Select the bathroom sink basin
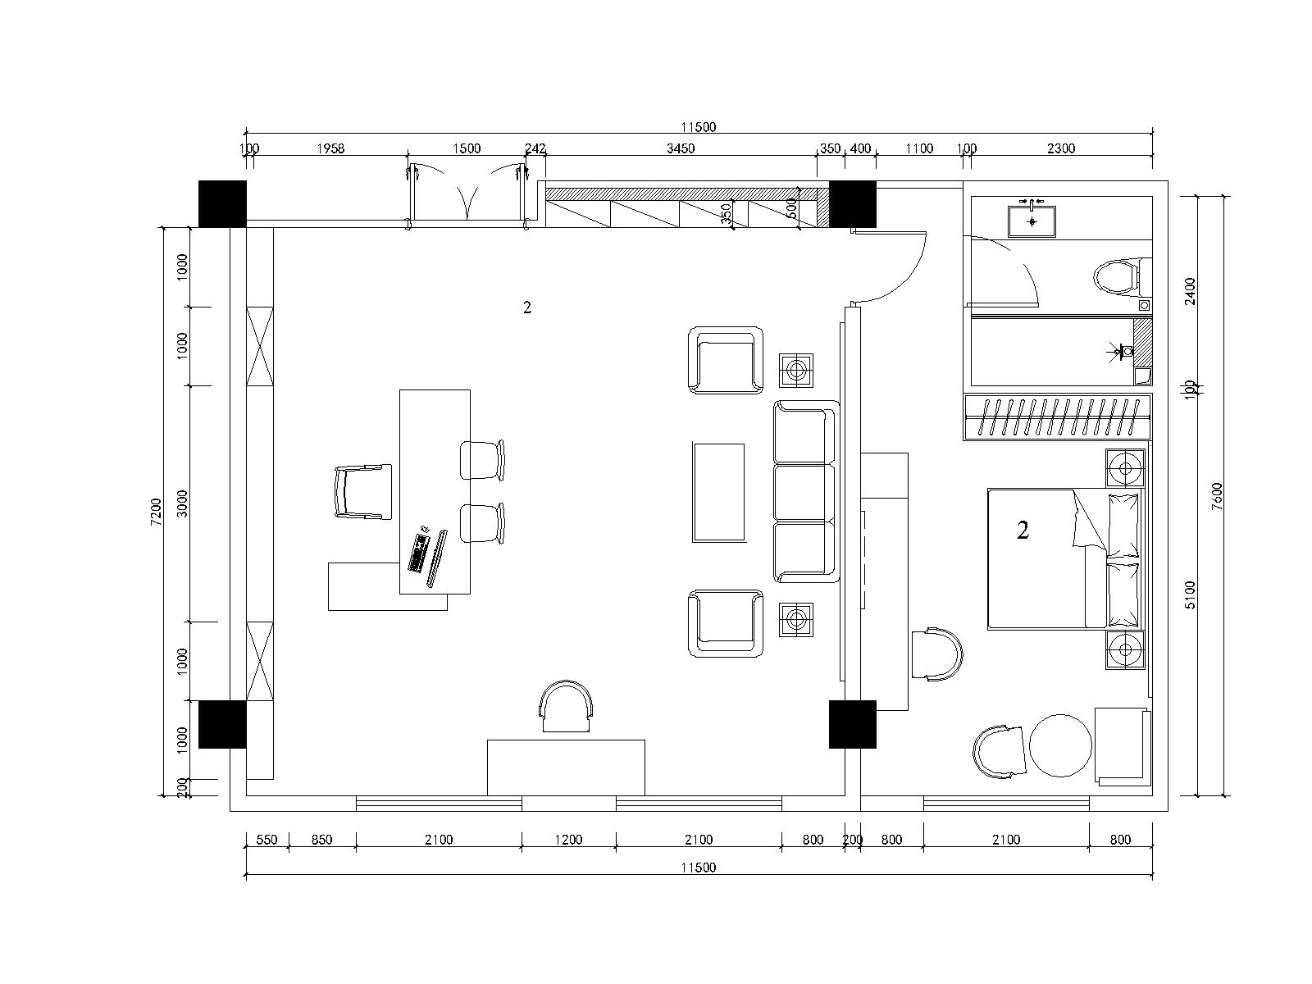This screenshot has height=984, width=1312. pos(1032,221)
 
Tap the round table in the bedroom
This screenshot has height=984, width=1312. pos(1060,745)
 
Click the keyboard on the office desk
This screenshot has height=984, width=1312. pos(420,553)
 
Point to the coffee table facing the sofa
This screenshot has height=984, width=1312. pos(718,493)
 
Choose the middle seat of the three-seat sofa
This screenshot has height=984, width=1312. pos(804,493)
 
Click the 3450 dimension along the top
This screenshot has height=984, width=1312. pos(681,148)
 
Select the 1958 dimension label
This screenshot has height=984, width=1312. pos(330,148)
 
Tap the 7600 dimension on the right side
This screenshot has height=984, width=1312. pos(1217,496)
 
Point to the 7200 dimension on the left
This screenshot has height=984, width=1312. pos(156,512)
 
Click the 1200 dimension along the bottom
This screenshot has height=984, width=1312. pos(568,840)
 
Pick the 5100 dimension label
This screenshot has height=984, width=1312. pos(1190,595)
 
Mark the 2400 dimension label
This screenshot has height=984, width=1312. pos(1190,291)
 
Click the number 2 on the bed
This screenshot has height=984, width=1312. pos(1023,530)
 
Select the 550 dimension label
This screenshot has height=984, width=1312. pos(266,840)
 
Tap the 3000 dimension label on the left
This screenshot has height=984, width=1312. pos(182,503)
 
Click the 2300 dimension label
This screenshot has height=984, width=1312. pos(1061,148)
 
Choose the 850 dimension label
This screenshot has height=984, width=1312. pos(321,840)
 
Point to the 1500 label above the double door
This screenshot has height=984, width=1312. pos(467,148)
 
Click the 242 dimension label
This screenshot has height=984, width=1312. pos(535,148)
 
